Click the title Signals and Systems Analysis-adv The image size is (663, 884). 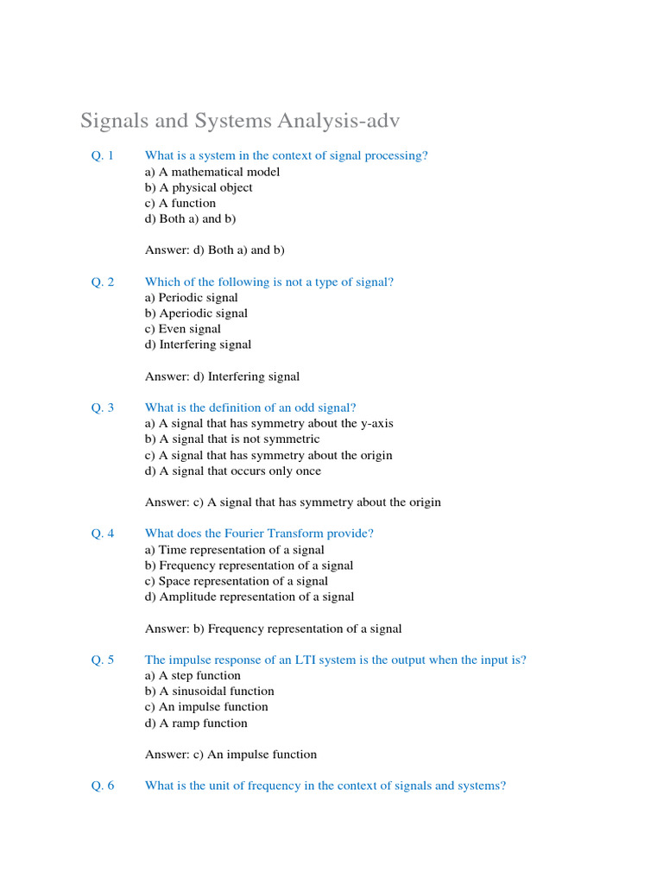click(x=240, y=121)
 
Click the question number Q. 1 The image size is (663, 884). click(x=103, y=155)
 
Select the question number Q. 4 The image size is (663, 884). click(x=103, y=534)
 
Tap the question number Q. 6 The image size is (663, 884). click(x=103, y=786)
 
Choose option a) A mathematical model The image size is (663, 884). click(x=212, y=172)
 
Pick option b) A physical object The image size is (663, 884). click(x=199, y=187)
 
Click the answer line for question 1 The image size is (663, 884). click(x=214, y=250)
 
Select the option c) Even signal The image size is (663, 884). click(x=183, y=329)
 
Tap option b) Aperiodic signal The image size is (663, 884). click(x=196, y=313)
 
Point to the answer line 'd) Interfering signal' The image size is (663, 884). click(x=222, y=376)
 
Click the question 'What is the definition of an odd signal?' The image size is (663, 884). click(x=250, y=407)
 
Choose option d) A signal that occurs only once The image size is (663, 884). click(x=233, y=470)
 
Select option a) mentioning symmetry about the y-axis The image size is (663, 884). click(x=269, y=424)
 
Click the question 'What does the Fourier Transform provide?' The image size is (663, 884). click(x=259, y=534)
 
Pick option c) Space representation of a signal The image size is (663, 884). click(x=237, y=581)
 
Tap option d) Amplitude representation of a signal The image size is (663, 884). click(x=249, y=597)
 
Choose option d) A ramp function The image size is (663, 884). click(x=196, y=723)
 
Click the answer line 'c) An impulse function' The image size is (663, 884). click(x=230, y=755)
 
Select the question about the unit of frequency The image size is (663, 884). click(x=325, y=786)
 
